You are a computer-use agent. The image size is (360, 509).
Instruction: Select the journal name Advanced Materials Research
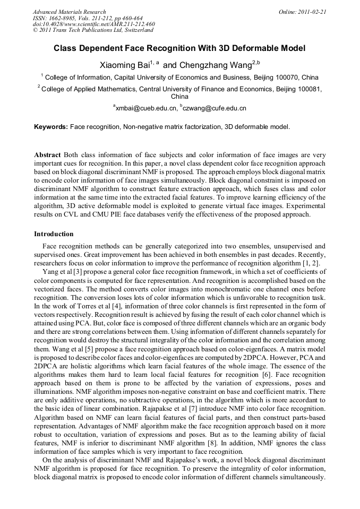click(69, 12)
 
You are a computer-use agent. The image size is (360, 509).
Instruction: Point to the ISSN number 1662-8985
click(64, 18)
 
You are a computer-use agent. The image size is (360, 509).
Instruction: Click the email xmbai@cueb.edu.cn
click(146, 108)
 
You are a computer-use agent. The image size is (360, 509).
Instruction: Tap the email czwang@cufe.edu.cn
click(215, 108)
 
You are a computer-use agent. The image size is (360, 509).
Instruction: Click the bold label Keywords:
click(51, 127)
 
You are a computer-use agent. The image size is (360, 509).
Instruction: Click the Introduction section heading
click(54, 234)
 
